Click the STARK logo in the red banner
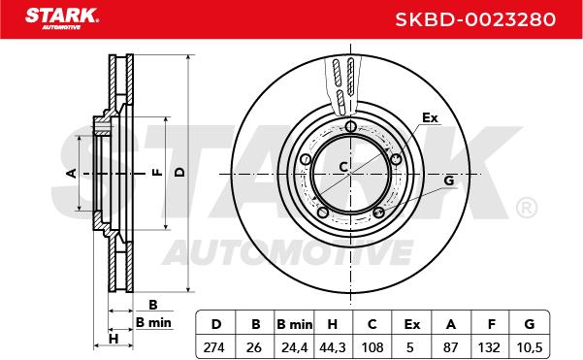(62, 18)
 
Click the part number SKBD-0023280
(475, 19)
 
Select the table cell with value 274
(213, 347)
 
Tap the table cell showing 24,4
(295, 347)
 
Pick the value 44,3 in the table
(333, 347)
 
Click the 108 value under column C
(372, 347)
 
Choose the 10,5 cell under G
(530, 347)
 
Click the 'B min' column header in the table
(295, 324)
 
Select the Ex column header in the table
(412, 324)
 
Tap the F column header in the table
(492, 324)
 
